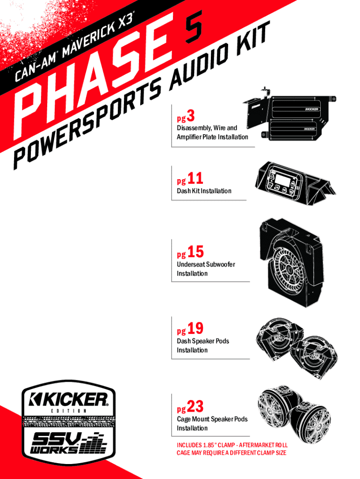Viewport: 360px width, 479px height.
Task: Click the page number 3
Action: (190, 115)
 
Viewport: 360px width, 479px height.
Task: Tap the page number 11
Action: (196, 178)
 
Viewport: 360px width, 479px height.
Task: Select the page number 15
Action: (196, 252)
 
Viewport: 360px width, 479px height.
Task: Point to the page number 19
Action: (196, 329)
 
